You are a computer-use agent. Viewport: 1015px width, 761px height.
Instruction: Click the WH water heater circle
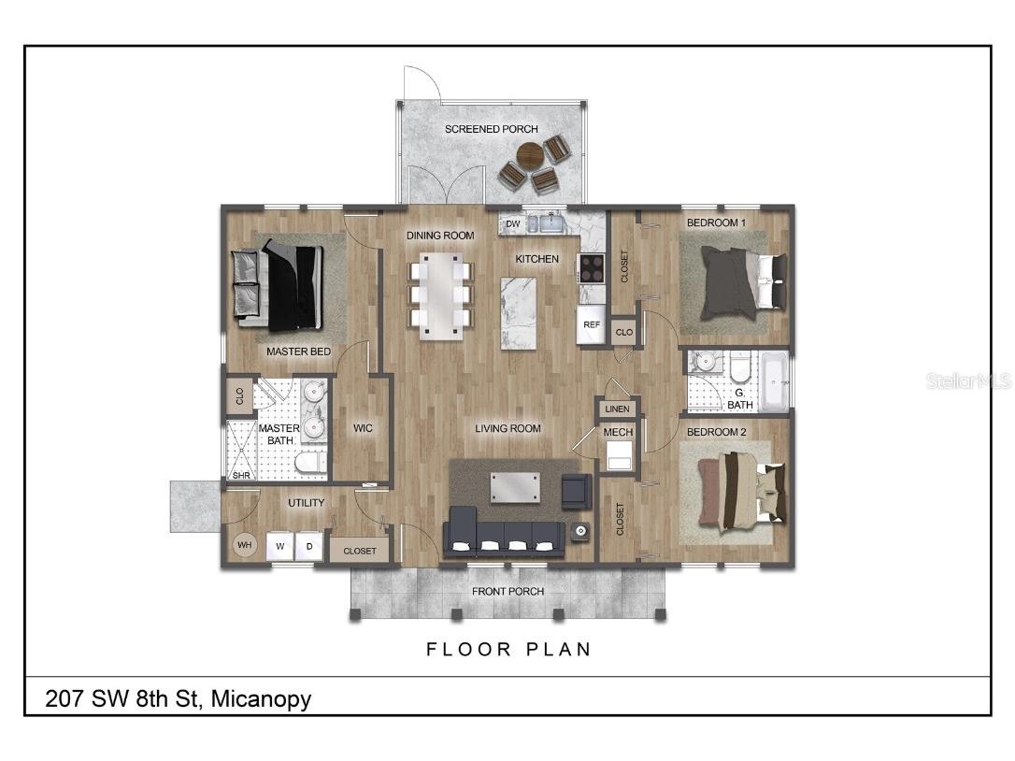tap(244, 544)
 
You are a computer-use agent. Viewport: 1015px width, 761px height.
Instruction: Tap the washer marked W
tap(279, 546)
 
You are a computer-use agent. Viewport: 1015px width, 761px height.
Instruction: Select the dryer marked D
tap(308, 546)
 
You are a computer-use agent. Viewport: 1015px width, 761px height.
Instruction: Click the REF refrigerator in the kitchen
tap(591, 324)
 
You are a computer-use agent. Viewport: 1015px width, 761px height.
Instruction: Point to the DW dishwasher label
tap(512, 224)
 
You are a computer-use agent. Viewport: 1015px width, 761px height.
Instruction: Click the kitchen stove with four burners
tap(592, 267)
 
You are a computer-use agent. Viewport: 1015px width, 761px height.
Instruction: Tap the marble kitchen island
tap(519, 312)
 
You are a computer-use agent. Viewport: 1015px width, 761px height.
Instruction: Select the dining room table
tap(440, 294)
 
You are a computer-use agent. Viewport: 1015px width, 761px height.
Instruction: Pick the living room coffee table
tap(515, 487)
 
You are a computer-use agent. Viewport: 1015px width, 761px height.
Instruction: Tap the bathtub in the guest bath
tap(773, 381)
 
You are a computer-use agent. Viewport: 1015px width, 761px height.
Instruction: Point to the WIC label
tap(363, 428)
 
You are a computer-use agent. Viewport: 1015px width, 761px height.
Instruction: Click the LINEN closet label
tap(618, 409)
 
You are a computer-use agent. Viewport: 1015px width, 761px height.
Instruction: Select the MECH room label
tap(618, 432)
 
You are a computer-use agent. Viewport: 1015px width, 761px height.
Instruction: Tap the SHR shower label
tap(241, 475)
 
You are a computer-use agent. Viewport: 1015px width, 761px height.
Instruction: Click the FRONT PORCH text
tap(507, 591)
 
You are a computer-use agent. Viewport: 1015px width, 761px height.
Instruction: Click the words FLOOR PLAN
tap(508, 649)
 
